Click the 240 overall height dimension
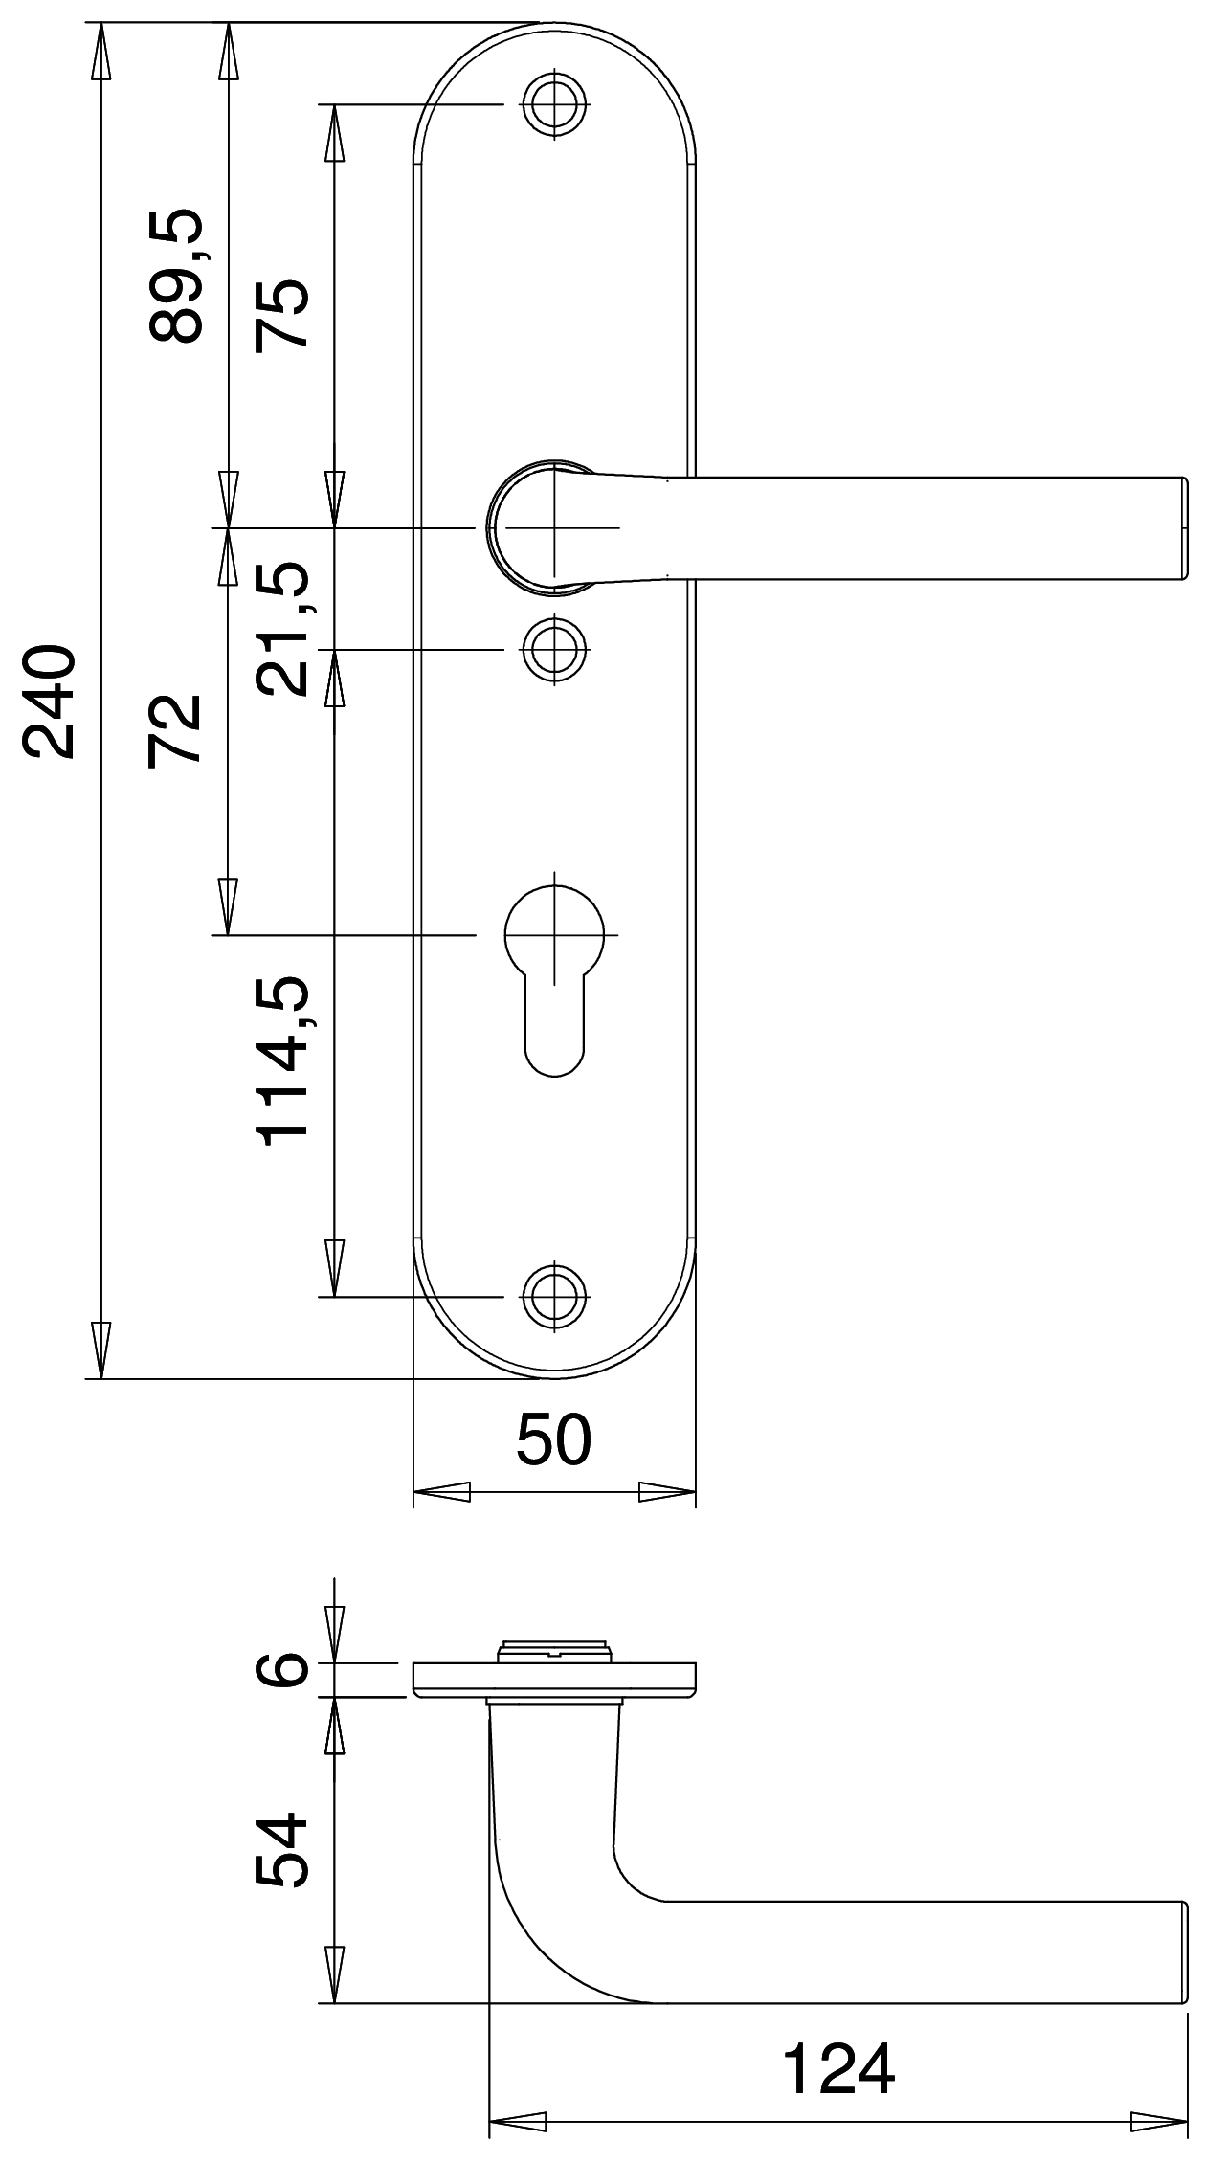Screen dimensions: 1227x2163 click(51, 702)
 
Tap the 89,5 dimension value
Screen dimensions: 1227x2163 click(176, 276)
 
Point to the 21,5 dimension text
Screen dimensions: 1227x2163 click(283, 628)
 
